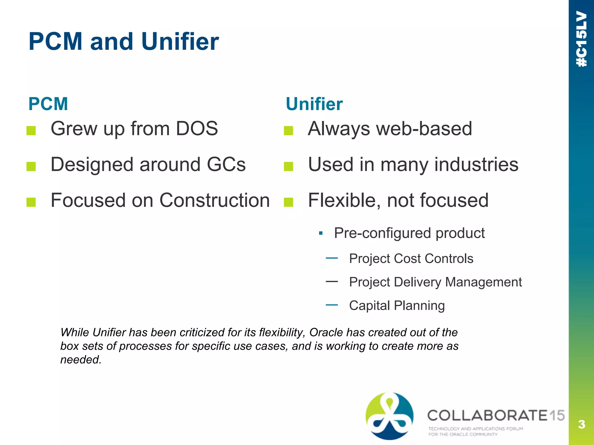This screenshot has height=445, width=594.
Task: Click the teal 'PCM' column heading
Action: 48,104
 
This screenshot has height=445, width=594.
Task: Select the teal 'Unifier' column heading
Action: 314,104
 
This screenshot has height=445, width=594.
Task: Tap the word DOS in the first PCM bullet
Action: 197,128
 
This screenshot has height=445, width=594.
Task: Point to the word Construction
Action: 215,200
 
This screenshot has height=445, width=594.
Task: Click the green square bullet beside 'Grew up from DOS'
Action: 31,131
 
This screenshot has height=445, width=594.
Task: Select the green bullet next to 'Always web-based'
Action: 288,131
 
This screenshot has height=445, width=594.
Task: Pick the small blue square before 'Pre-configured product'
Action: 320,233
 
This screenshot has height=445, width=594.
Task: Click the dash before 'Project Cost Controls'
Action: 332,258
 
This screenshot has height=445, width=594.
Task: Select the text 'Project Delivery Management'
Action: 435,282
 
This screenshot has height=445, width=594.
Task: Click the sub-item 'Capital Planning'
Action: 396,306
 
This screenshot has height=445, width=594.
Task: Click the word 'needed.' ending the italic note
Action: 81,360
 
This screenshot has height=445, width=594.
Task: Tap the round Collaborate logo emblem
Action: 389,416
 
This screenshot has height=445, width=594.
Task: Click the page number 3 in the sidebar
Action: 581,424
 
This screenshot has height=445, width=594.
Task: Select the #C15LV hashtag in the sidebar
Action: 582,39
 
